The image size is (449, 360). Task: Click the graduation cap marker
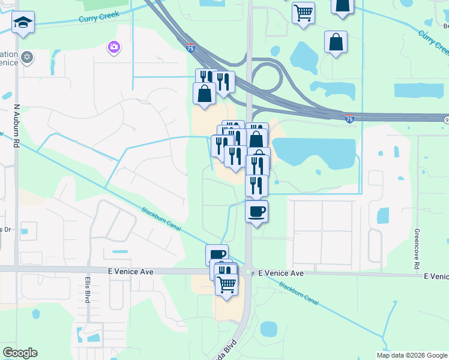pyautogui.click(x=23, y=23)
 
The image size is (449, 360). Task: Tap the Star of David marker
pyautogui.click(x=26, y=58)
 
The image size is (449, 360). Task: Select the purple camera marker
pyautogui.click(x=113, y=47)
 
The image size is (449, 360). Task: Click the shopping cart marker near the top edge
pyautogui.click(x=303, y=12)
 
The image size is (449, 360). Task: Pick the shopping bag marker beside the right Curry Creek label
pyautogui.click(x=336, y=42)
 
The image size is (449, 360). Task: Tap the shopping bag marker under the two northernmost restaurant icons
pyautogui.click(x=205, y=94)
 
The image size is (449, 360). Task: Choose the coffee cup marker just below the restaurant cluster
pyautogui.click(x=256, y=211)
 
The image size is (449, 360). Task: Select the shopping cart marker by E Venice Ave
pyautogui.click(x=226, y=283)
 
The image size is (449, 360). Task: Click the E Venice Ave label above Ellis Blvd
pyautogui.click(x=131, y=272)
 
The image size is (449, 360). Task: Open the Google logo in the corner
pyautogui.click(x=20, y=353)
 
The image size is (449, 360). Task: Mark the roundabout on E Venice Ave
pyautogui.click(x=249, y=272)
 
